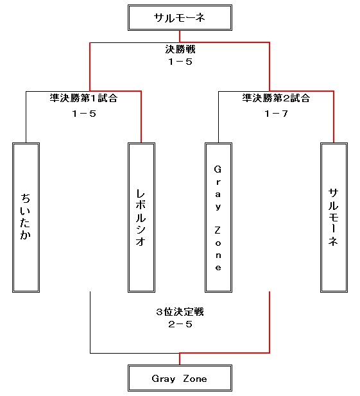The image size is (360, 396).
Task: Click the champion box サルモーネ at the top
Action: (180, 18)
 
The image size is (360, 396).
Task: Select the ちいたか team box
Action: (26, 218)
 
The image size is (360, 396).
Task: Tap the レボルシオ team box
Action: (141, 218)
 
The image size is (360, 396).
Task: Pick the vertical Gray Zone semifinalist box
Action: (218, 218)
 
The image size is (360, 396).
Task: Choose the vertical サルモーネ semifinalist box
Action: (334, 218)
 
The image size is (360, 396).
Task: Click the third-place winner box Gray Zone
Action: (180, 378)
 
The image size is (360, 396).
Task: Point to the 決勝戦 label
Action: (180, 49)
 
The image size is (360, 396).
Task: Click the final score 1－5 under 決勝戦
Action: (180, 62)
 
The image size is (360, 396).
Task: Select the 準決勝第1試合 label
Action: (83, 98)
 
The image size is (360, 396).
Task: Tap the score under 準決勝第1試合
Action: (84, 114)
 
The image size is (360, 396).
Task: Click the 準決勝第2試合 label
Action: (276, 98)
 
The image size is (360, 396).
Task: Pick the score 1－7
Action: (276, 114)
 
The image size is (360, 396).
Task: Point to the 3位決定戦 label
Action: (180, 312)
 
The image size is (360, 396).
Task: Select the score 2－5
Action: (180, 324)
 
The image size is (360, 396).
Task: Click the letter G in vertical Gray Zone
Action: (218, 169)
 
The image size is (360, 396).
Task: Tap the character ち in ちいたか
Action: (25, 198)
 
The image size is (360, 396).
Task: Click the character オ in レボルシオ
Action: (141, 241)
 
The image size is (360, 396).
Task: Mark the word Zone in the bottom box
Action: (195, 379)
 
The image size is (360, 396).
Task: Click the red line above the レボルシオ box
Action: (141, 117)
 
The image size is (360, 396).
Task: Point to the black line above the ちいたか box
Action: (26, 117)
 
